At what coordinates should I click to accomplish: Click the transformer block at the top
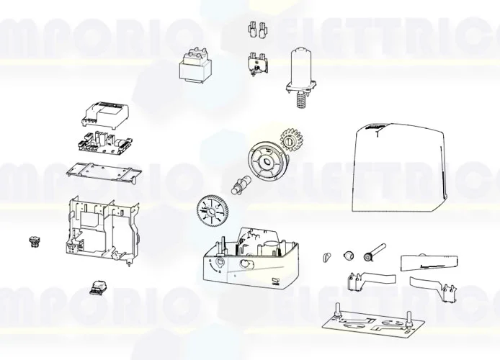(192, 68)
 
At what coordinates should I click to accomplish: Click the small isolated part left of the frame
(32, 240)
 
